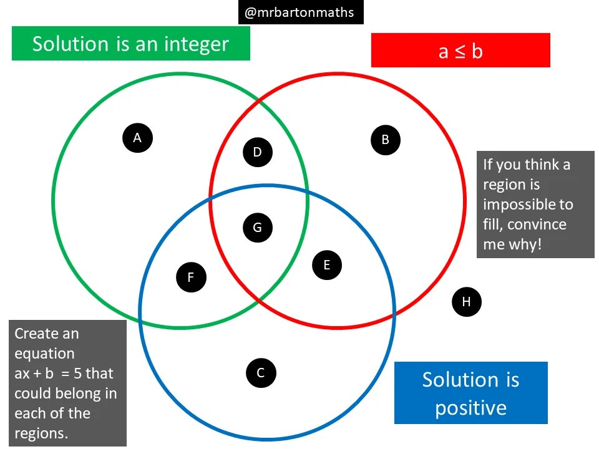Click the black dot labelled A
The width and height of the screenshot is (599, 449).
(138, 138)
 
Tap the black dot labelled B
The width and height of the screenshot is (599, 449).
(385, 140)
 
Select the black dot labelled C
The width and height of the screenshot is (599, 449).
(261, 373)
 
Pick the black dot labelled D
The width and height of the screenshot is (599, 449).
(257, 152)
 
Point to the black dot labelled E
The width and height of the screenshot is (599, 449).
(326, 266)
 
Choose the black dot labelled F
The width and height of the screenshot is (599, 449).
(192, 277)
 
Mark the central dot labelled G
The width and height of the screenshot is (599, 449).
(257, 228)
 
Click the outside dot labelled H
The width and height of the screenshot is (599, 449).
(466, 302)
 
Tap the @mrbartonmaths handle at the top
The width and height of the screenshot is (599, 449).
(300, 12)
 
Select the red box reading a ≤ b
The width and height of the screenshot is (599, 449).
(460, 51)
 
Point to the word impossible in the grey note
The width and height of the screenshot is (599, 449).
(528, 205)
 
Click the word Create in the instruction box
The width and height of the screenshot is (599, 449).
(37, 334)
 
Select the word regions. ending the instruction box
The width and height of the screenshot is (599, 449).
(41, 433)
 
